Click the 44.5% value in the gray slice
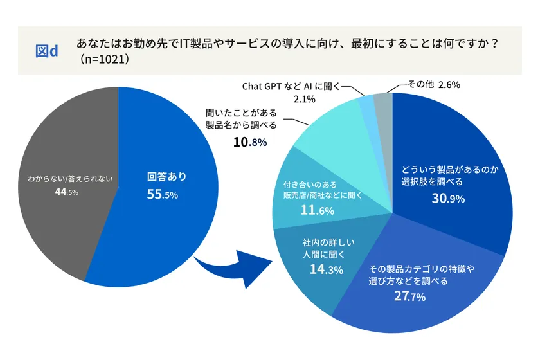click(67, 192)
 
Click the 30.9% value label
click(448, 199)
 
